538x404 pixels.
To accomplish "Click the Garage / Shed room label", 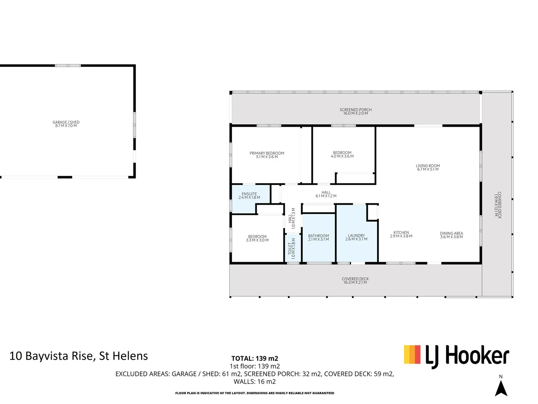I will [x=66, y=124].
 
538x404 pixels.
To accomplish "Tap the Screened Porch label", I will [x=355, y=111].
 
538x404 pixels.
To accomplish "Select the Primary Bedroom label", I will [x=267, y=155].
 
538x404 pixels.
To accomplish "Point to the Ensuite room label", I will [x=249, y=196].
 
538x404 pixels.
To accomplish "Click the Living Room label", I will [x=428, y=167].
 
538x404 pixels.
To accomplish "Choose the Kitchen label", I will [x=401, y=234].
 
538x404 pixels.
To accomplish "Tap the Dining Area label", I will [x=451, y=235].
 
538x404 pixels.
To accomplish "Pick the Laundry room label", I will [x=356, y=237].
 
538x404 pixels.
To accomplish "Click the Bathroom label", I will [x=318, y=238].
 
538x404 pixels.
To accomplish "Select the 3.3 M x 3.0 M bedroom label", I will [x=257, y=238].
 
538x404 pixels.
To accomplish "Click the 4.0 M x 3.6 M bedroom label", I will [x=342, y=154].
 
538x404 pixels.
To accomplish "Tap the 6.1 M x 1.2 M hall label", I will [x=326, y=194].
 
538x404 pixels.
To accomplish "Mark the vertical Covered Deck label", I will [x=498, y=205].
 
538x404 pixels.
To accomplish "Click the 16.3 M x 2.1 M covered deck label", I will [x=355, y=281].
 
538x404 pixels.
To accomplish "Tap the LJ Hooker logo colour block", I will [x=412, y=355].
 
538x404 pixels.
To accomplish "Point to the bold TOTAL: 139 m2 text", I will [x=254, y=358].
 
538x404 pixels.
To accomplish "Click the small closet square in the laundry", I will [x=372, y=212].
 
